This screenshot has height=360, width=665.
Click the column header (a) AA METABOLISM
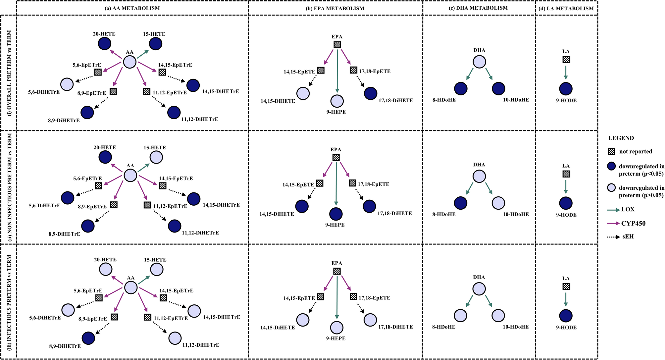pyautogui.click(x=132, y=8)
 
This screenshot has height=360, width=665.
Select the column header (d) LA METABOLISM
pyautogui.click(x=566, y=8)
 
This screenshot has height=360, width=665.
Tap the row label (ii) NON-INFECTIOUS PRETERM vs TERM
pyautogui.click(x=9, y=187)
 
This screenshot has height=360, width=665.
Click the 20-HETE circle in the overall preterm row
pyautogui.click(x=105, y=43)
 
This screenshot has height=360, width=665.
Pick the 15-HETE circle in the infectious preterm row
pyautogui.click(x=157, y=269)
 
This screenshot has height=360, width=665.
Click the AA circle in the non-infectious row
pyautogui.click(x=130, y=175)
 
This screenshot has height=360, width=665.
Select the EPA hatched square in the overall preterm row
pyautogui.click(x=337, y=44)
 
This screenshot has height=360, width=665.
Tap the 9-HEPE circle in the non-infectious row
pyautogui.click(x=336, y=214)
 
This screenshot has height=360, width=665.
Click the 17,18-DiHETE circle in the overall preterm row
pyautogui.click(x=371, y=93)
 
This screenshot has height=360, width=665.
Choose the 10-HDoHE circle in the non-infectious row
pyautogui.click(x=498, y=203)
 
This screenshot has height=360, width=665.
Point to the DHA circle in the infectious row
pyautogui.click(x=479, y=289)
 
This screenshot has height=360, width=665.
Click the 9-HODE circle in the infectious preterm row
pyautogui.click(x=566, y=316)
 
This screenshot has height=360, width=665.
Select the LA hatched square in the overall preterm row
pyautogui.click(x=566, y=60)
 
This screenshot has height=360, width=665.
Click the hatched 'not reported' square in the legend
pyautogui.click(x=611, y=151)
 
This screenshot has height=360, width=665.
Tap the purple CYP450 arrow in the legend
pyautogui.click(x=613, y=224)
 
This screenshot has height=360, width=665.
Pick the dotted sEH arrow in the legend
pyautogui.click(x=613, y=237)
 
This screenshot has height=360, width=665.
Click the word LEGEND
pyautogui.click(x=621, y=138)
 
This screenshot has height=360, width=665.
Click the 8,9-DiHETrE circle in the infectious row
pyautogui.click(x=88, y=338)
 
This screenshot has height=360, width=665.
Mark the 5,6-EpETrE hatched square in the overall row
pyautogui.click(x=98, y=72)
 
